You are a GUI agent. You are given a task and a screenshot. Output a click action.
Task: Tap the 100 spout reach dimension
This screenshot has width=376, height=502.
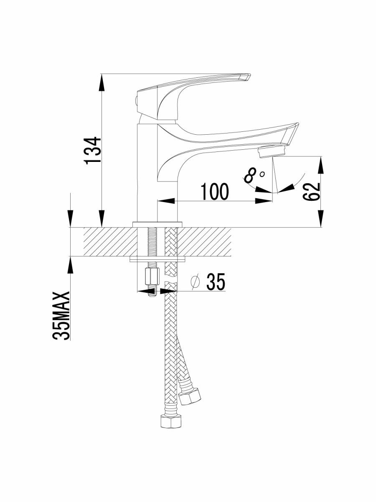[215, 192]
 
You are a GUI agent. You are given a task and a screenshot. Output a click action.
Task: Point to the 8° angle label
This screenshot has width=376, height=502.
[254, 175]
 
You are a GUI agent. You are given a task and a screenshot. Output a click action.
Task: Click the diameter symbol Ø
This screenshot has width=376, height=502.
[195, 283]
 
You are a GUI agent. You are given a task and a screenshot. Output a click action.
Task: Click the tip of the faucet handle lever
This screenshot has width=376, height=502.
[246, 77]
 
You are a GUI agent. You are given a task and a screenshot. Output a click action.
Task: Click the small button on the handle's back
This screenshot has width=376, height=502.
[135, 100]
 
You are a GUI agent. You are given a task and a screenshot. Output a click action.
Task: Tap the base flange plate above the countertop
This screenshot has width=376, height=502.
[157, 224]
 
